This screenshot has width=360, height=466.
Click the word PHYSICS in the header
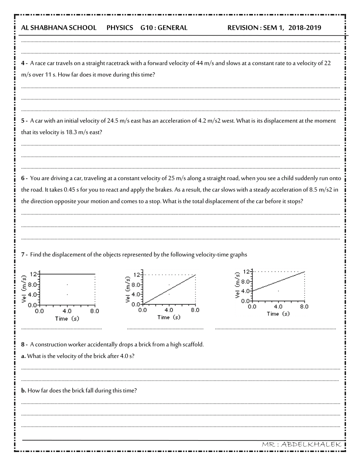pos(120,28)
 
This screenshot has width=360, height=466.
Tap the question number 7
pos(23,255)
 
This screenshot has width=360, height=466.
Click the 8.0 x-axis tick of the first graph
pos(95,311)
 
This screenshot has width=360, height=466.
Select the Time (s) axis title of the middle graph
pos(169,317)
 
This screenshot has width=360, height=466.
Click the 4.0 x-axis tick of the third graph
pos(278,307)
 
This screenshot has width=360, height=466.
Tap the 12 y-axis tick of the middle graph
pos(137,274)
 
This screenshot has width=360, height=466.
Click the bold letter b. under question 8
pos(24,390)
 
